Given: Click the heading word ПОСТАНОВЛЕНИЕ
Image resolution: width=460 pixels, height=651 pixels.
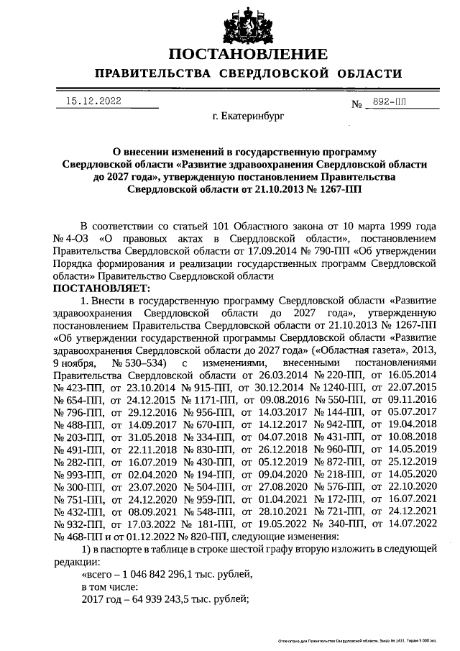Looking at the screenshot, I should (248, 54).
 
